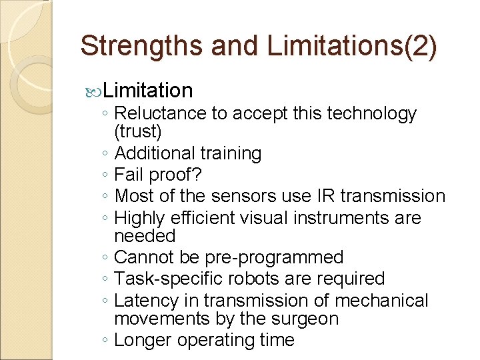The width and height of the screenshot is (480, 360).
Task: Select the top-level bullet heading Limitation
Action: click(x=148, y=90)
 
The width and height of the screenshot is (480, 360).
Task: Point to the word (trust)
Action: click(x=137, y=132)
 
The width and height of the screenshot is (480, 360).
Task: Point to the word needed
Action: click(x=145, y=236)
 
